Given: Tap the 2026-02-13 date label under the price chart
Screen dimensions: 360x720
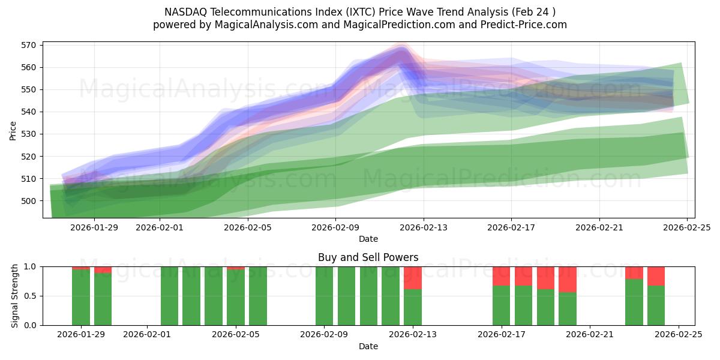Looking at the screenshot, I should [x=423, y=227].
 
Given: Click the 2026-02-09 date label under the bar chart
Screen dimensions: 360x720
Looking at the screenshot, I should [x=324, y=335].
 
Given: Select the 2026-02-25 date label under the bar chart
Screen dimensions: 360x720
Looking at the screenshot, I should [x=678, y=335].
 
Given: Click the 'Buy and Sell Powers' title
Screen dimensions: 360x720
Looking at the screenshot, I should [x=368, y=257].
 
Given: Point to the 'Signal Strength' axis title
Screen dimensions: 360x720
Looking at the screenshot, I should [x=15, y=296].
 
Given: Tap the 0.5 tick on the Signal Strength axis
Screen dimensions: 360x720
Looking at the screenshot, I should [x=30, y=296].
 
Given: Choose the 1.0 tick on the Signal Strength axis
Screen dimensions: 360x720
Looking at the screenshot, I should [x=30, y=266].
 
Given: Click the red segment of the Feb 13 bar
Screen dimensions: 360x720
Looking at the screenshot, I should [x=413, y=278].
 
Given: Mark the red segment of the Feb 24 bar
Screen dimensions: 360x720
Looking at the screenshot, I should [x=656, y=276].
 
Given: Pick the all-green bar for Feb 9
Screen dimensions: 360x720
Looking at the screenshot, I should [x=324, y=296].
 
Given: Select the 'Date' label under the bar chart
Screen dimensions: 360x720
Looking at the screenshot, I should [x=368, y=346].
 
